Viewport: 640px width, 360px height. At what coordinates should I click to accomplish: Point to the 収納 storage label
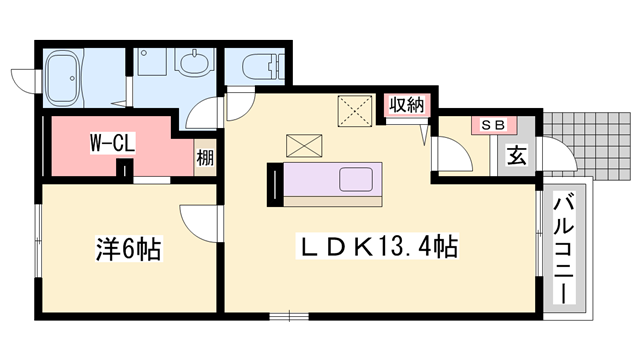(404, 103)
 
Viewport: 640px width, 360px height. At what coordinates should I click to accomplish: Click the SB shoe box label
(492, 125)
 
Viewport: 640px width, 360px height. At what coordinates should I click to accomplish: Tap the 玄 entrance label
(516, 156)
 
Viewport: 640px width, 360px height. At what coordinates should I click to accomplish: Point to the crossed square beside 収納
(353, 108)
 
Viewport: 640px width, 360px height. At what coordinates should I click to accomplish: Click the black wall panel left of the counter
(272, 183)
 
